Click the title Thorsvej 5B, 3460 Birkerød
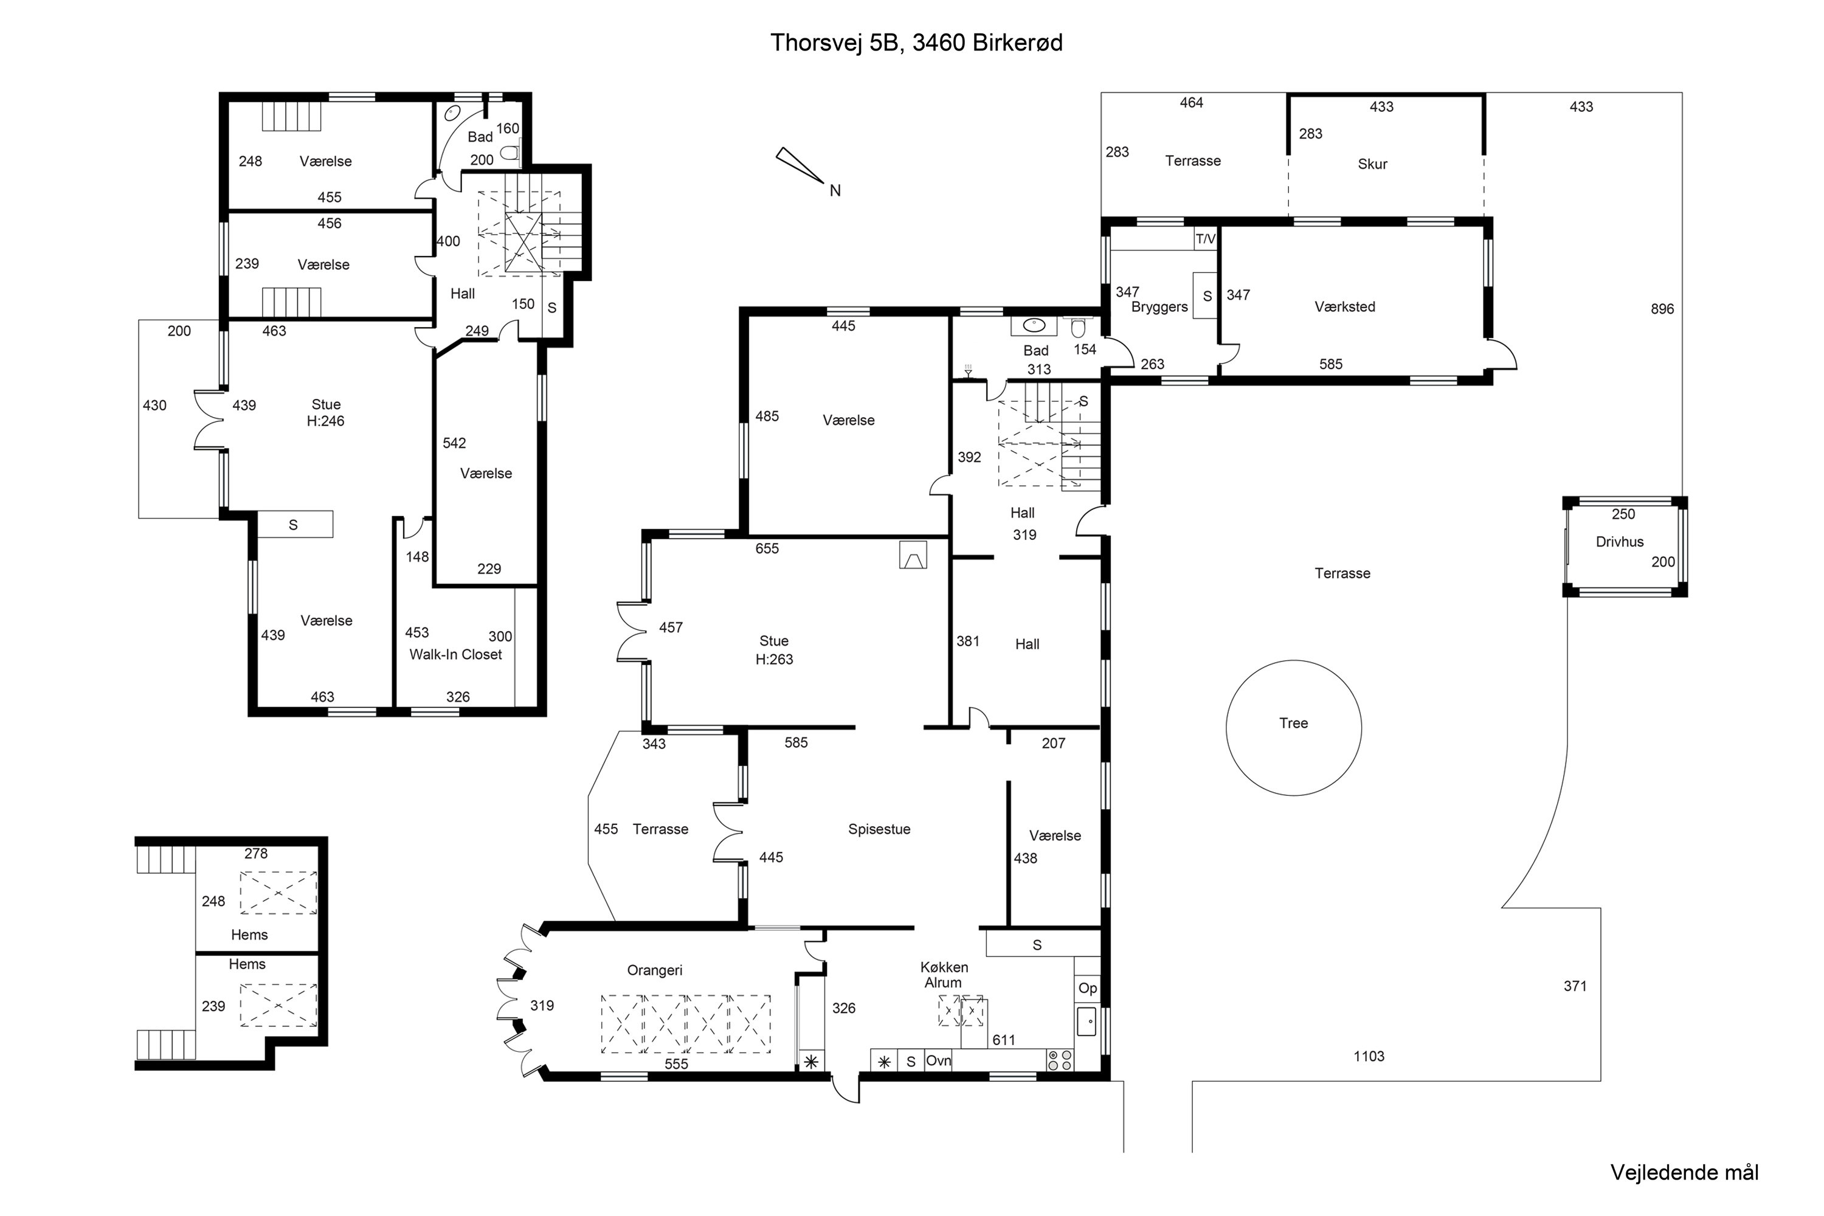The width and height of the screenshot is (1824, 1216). (916, 43)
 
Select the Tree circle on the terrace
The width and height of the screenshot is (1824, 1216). (1294, 727)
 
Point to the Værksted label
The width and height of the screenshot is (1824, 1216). (1345, 306)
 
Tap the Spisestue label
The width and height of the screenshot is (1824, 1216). (879, 829)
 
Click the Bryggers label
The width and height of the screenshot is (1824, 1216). (1159, 307)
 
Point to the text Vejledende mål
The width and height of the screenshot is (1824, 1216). (1684, 1172)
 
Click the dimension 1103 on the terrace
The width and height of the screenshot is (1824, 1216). (1369, 1056)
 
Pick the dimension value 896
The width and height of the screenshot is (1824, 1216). (1662, 309)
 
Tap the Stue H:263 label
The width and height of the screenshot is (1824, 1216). (774, 650)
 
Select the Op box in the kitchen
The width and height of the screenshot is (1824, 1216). (1087, 988)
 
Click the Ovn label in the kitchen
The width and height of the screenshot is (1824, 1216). (938, 1060)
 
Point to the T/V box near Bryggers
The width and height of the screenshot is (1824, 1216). (1205, 239)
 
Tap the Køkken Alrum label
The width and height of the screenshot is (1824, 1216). (944, 975)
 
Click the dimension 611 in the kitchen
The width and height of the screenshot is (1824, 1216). (1004, 1040)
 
